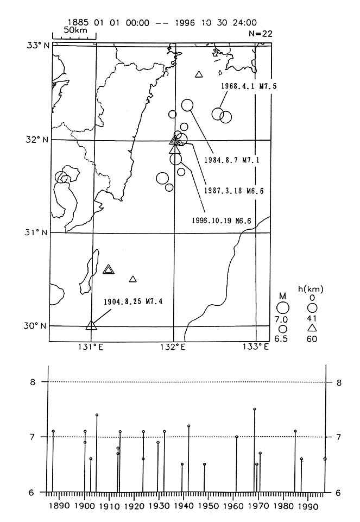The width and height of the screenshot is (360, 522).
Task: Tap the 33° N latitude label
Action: click(x=39, y=45)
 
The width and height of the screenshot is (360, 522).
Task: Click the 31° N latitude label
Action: click(x=39, y=233)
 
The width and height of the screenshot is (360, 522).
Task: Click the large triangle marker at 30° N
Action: click(x=91, y=325)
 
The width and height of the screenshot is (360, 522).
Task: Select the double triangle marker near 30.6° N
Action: click(x=108, y=269)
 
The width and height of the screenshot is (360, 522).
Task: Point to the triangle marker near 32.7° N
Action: click(x=199, y=74)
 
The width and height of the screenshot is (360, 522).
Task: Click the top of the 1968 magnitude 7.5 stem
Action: click(x=255, y=409)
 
